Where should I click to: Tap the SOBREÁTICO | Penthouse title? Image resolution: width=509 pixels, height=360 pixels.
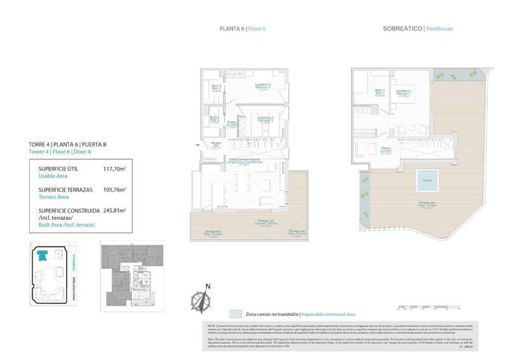(x=418, y=29)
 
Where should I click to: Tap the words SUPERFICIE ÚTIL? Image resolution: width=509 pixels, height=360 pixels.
(x=49, y=169)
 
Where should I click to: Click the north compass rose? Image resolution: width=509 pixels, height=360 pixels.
(x=204, y=300)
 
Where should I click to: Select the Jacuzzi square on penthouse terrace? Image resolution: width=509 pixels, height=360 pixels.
(x=426, y=180)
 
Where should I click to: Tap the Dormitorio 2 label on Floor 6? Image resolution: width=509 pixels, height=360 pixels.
(x=263, y=87)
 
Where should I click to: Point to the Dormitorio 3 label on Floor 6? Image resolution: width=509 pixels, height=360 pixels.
(x=266, y=119)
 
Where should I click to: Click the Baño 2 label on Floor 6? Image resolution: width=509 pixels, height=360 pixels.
(x=215, y=119)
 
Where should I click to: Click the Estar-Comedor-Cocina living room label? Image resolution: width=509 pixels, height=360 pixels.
(x=246, y=162)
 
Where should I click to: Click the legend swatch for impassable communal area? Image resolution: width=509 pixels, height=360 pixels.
(x=236, y=314)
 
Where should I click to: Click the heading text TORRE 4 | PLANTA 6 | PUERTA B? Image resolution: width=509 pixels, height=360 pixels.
(x=68, y=145)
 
